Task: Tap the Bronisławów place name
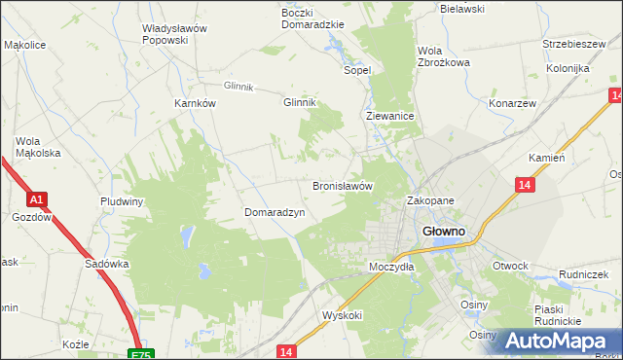[x=343, y=185]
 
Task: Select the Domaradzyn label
[x=275, y=212]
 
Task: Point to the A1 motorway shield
[x=35, y=200]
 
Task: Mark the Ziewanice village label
[x=390, y=116]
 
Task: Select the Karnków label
[x=195, y=104]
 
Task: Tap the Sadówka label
[x=107, y=264]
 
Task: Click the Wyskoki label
[x=342, y=315]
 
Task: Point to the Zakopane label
[x=430, y=200]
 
